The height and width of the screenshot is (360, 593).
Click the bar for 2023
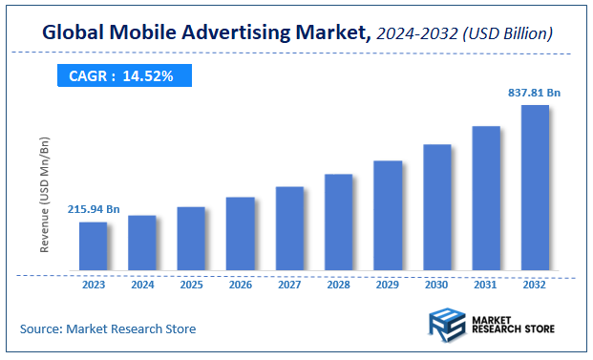tap(93, 246)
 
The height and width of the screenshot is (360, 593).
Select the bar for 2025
tap(191, 239)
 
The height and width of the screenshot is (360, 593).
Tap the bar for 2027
tap(289, 228)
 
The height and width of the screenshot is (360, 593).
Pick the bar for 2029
tap(388, 216)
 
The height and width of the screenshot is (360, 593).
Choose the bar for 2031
tap(486, 199)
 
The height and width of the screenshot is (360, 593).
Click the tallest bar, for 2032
tap(535, 188)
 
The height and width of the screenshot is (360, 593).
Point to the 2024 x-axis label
tap(142, 286)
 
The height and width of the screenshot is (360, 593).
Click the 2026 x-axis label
tap(241, 286)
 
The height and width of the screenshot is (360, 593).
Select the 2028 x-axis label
tap(339, 286)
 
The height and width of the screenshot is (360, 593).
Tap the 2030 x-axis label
tap(436, 286)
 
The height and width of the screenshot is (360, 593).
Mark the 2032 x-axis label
tap(535, 286)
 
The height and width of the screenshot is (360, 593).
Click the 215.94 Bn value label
tap(94, 208)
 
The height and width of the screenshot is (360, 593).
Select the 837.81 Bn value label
tap(535, 93)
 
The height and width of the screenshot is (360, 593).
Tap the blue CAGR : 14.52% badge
tap(121, 75)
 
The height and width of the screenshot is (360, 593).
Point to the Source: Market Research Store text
tap(108, 328)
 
